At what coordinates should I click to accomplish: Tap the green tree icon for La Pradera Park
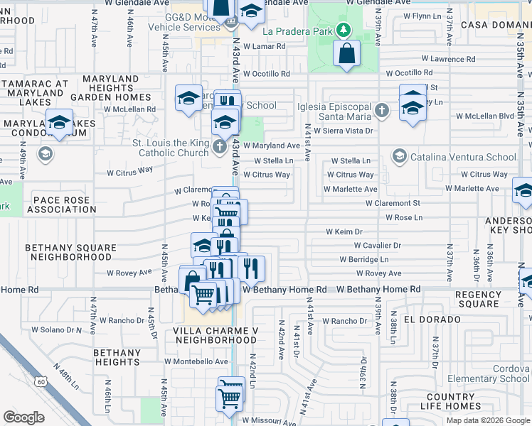click(x=344, y=30)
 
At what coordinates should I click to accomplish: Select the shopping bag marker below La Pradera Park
click(x=346, y=54)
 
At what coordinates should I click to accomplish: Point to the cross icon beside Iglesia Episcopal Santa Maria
click(x=382, y=110)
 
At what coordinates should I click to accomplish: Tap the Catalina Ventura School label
click(x=462, y=157)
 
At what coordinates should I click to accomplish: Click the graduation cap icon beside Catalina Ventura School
click(x=399, y=156)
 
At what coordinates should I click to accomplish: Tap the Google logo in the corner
click(x=24, y=417)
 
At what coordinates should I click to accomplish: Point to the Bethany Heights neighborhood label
click(x=117, y=357)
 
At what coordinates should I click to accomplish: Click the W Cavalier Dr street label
click(x=377, y=246)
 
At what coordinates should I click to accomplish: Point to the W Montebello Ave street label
click(x=196, y=361)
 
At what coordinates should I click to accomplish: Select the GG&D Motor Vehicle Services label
click(x=183, y=22)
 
